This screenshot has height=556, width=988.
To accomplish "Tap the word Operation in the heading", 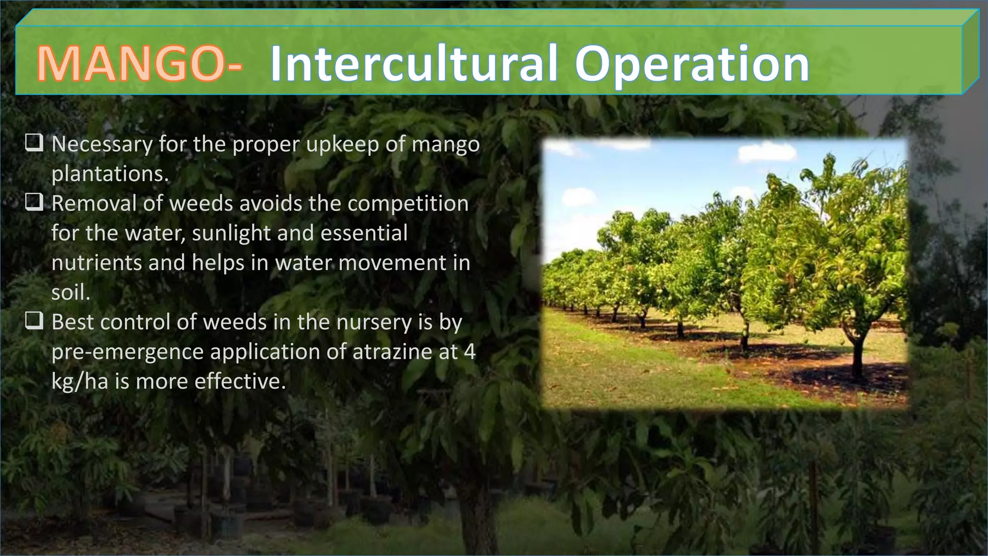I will [692, 65].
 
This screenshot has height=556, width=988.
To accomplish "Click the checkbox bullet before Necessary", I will [35, 143].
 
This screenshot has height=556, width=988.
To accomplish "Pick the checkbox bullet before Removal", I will [35, 202].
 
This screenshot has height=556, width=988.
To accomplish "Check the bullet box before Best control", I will [35, 321].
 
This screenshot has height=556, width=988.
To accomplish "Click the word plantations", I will [110, 174].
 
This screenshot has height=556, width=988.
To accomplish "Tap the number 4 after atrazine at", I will [469, 352].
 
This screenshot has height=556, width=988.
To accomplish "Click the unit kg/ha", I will [80, 382].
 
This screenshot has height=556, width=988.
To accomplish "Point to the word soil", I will [70, 292].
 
